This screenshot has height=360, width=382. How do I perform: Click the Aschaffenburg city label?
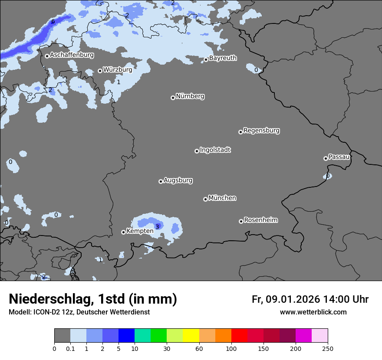[x=72, y=55]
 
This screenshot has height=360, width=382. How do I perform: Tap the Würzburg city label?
[x=117, y=69]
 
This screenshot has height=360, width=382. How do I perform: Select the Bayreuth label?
[x=223, y=58]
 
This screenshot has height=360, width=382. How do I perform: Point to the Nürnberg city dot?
[x=173, y=98]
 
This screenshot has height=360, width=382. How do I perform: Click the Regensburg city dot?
[x=240, y=132]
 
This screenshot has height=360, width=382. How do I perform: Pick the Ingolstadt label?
[x=215, y=150]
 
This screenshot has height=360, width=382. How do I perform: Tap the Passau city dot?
[x=326, y=158]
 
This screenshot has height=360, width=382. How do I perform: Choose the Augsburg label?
[x=178, y=180]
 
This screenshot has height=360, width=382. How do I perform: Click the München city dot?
[x=205, y=199]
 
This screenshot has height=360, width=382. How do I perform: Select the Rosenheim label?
[x=260, y=220]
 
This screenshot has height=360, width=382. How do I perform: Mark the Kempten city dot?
[x=123, y=232]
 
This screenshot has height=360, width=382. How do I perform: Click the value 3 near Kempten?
[x=157, y=226]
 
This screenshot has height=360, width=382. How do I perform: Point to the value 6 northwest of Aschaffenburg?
[x=53, y=22]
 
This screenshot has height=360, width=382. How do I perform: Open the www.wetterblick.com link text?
[x=313, y=312]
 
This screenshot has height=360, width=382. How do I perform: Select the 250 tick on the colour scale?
[x=327, y=348]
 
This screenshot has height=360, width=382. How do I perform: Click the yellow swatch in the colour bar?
[x=191, y=336]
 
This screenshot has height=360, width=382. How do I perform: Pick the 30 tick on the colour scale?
[x=167, y=348]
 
